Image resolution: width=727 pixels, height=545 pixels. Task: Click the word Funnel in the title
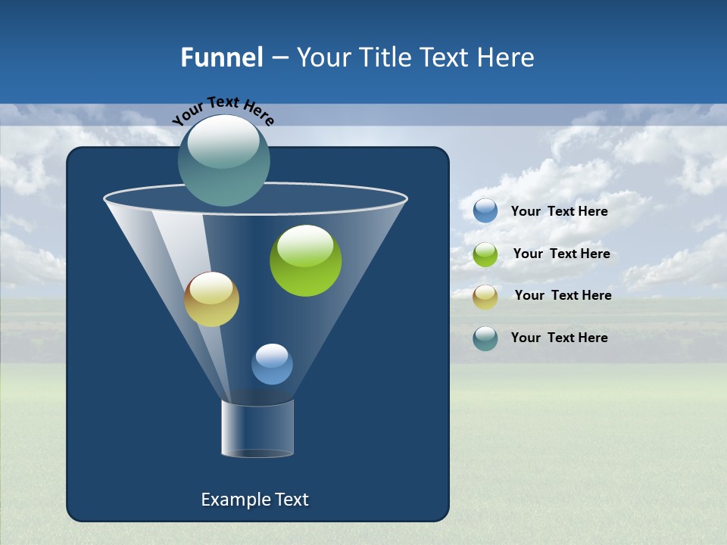221,58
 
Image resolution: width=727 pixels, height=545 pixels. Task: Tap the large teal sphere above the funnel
224,160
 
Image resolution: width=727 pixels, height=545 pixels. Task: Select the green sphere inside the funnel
306,261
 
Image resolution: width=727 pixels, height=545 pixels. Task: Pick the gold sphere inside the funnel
211,299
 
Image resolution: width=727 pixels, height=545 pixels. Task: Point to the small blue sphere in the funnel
272,364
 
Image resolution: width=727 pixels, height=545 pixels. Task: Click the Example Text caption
254,500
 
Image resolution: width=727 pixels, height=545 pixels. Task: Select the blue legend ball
485,211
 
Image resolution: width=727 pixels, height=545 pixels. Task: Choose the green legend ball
485,254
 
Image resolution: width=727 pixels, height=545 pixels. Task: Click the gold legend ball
485,297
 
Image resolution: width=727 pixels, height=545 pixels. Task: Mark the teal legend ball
485,338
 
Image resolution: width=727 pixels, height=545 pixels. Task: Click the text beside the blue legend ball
559,212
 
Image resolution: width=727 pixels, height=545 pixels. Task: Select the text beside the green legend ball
561,254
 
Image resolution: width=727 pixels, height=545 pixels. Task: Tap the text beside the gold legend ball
563,296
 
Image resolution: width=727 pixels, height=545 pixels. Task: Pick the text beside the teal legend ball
559,338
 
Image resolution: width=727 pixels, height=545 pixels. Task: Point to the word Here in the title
506,58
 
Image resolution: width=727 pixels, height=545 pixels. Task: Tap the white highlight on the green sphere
305,244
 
